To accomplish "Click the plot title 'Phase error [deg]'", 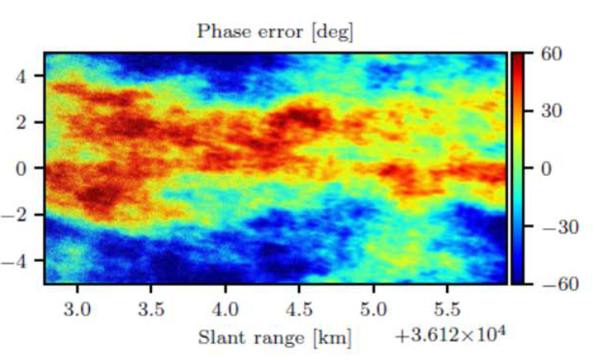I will point(275,32).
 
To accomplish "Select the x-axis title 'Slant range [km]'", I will point(275,337).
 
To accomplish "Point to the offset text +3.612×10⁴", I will point(448,337).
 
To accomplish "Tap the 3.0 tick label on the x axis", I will point(77,309).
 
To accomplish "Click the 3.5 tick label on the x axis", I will point(151,309).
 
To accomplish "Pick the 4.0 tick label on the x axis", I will point(225,309).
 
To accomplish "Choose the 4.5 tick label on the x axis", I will point(299,309).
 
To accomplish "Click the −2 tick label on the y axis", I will point(22,215).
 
